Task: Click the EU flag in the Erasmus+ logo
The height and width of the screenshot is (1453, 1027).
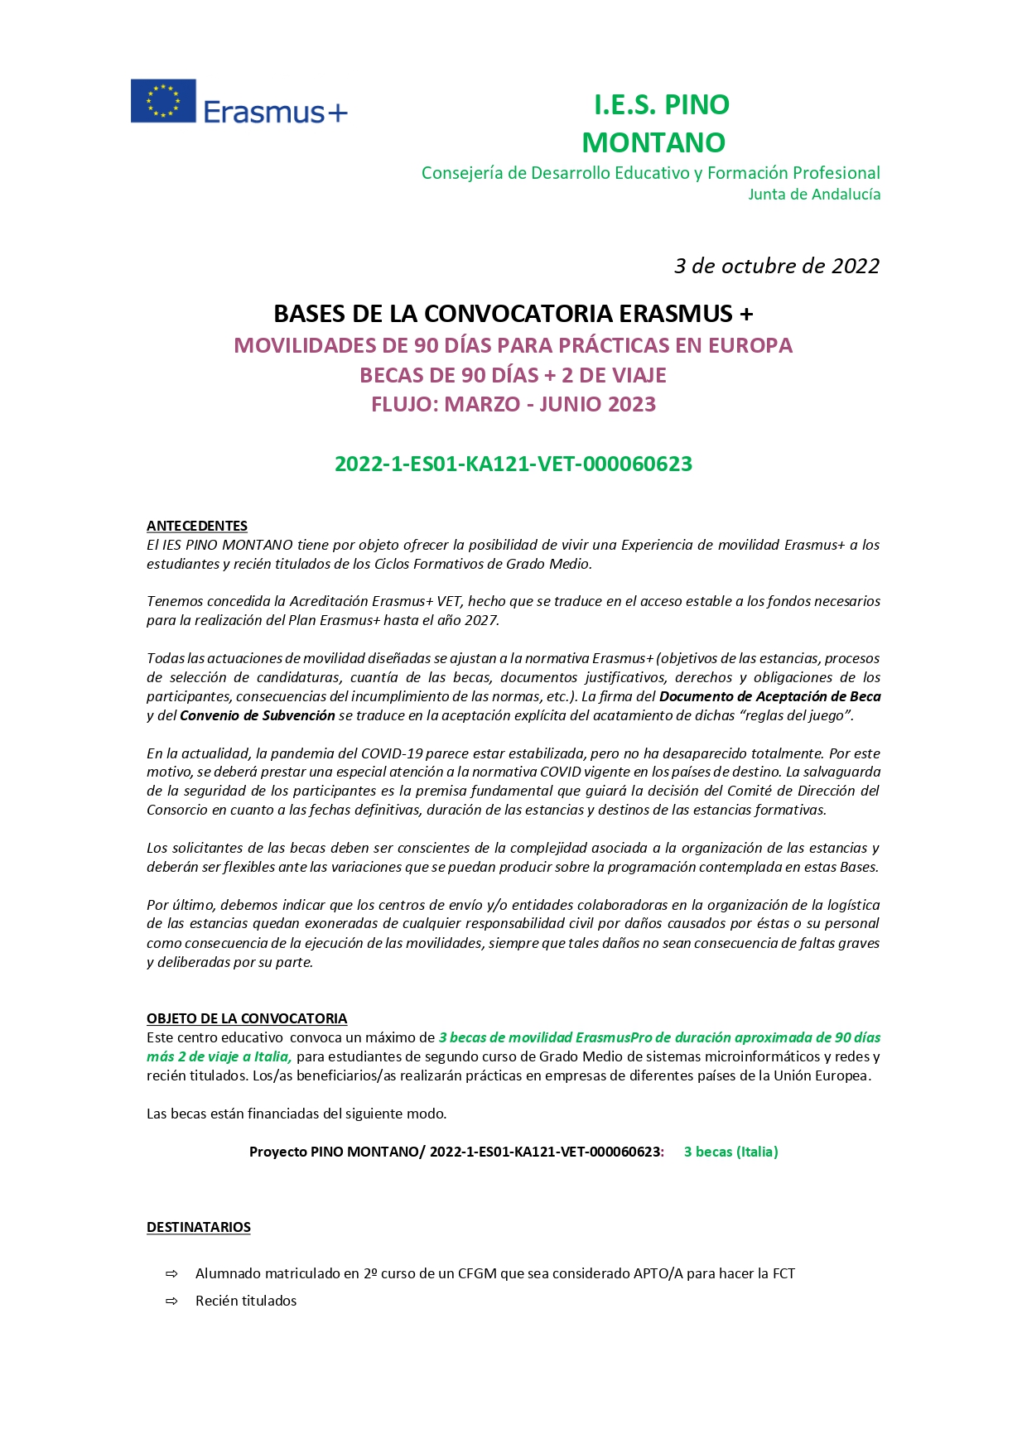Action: [x=163, y=101]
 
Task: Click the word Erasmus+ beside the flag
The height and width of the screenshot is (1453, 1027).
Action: [x=275, y=112]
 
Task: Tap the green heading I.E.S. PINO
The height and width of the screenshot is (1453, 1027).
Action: [x=661, y=105]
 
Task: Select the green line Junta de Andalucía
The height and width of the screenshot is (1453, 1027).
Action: [x=813, y=195]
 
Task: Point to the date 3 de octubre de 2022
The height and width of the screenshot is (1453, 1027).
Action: [x=776, y=266]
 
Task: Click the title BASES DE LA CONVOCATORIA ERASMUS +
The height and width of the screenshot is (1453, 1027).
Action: [x=513, y=314]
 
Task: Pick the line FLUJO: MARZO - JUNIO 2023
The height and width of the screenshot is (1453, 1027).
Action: [x=513, y=405]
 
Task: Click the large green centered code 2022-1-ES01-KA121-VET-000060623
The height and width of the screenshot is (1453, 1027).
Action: [x=513, y=464]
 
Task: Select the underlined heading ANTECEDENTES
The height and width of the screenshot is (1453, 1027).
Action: [x=197, y=526]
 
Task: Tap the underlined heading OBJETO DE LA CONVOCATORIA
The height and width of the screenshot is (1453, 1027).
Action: [x=247, y=1018]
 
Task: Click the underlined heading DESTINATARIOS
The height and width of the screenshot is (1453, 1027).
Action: [x=199, y=1227]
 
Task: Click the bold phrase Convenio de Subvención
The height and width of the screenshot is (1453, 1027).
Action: [x=258, y=715]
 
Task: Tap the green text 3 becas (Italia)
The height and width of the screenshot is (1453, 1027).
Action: [x=730, y=1152]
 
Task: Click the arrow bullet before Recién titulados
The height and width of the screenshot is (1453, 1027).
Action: [x=172, y=1301]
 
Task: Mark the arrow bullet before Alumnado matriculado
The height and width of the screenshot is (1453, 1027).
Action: [x=172, y=1274]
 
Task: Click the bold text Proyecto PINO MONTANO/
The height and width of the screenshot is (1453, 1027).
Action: [x=337, y=1152]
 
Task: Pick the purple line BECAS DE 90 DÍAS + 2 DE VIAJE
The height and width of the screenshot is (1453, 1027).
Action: [x=513, y=376]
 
